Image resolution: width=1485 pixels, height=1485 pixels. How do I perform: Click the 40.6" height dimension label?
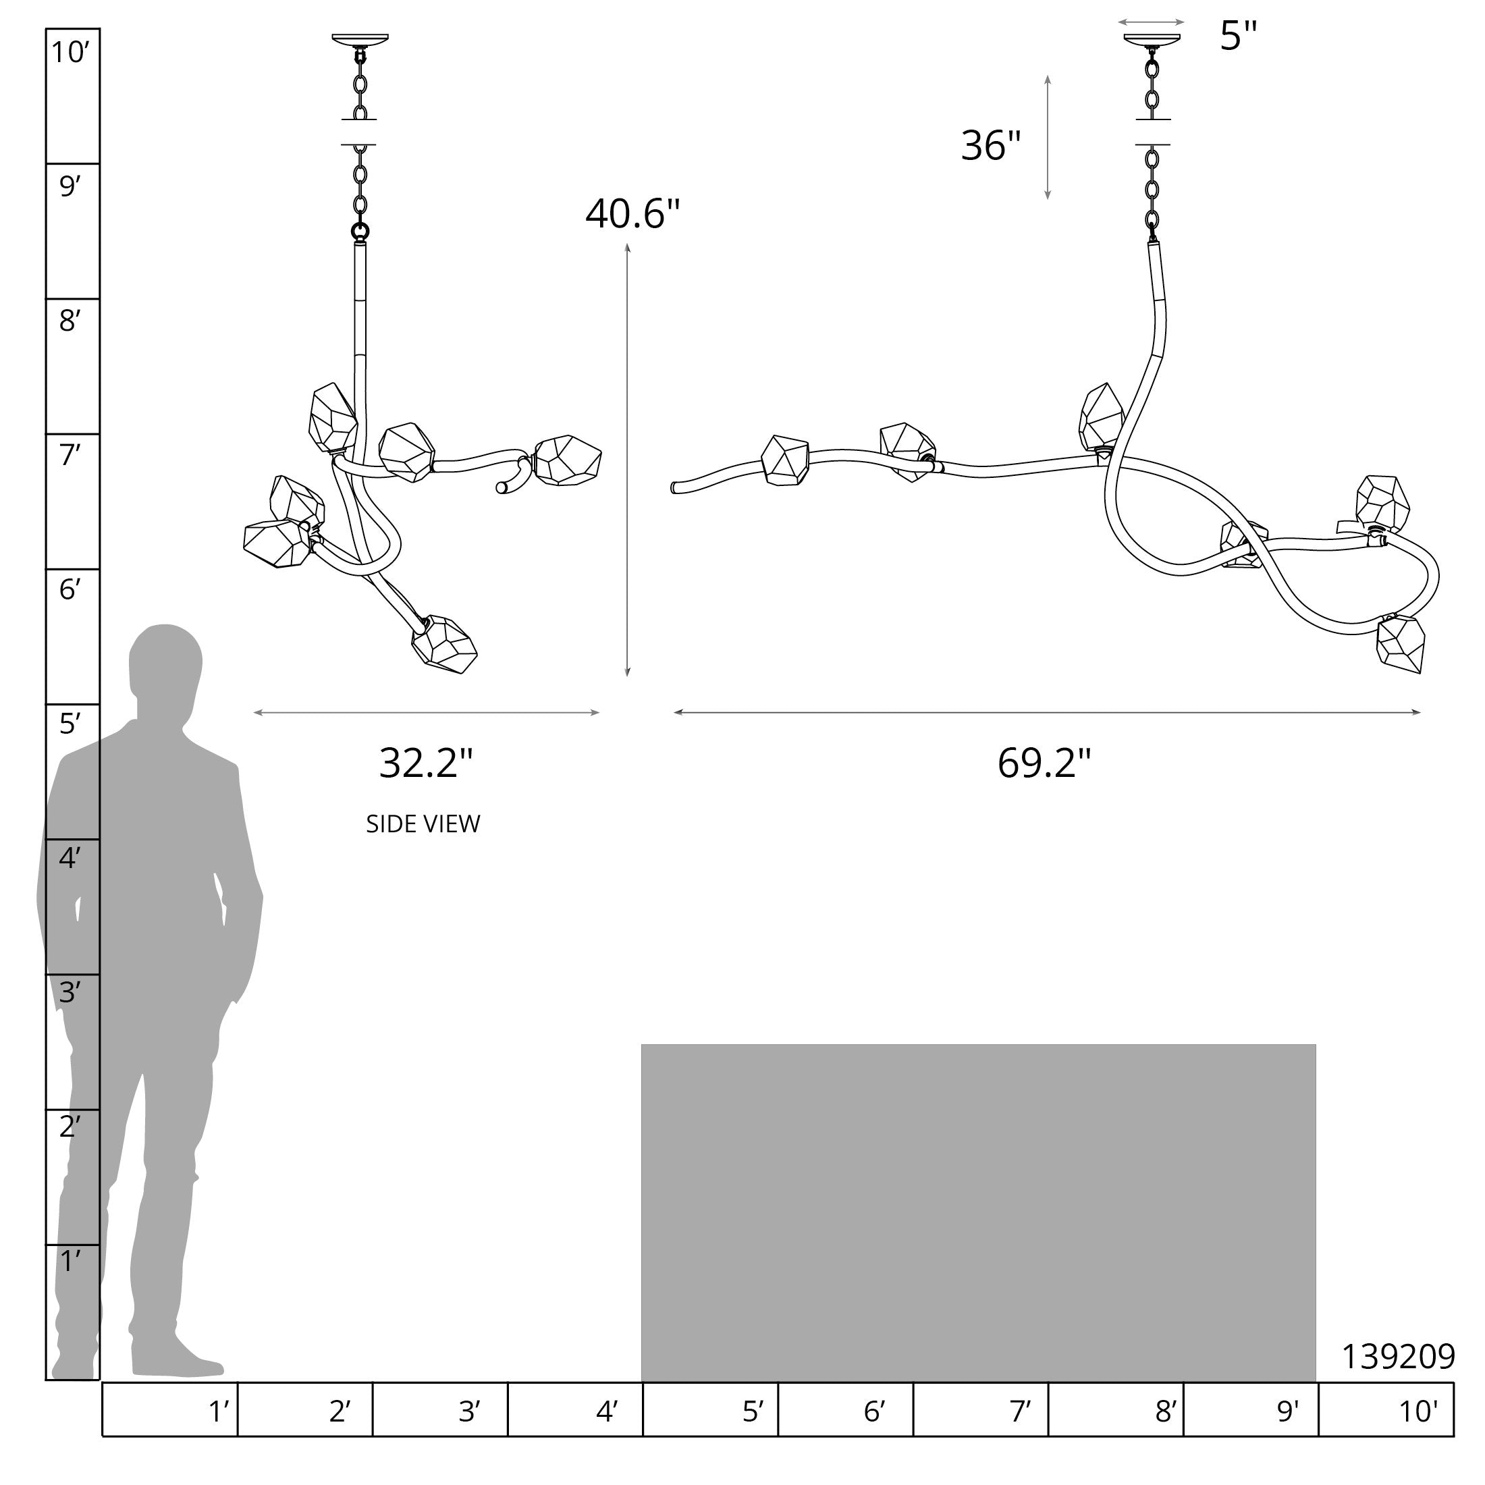(632, 214)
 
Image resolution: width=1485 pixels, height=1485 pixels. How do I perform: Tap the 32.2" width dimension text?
(426, 763)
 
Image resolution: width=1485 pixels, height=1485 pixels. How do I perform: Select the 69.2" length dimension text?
(1044, 763)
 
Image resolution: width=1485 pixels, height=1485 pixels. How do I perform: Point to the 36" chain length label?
(991, 145)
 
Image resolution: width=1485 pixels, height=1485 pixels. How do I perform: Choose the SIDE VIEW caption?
(423, 824)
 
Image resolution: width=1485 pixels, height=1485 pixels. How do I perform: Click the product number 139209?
(1398, 1357)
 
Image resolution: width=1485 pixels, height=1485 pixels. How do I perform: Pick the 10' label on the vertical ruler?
(71, 52)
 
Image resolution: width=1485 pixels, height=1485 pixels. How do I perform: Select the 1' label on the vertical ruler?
(70, 1260)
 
